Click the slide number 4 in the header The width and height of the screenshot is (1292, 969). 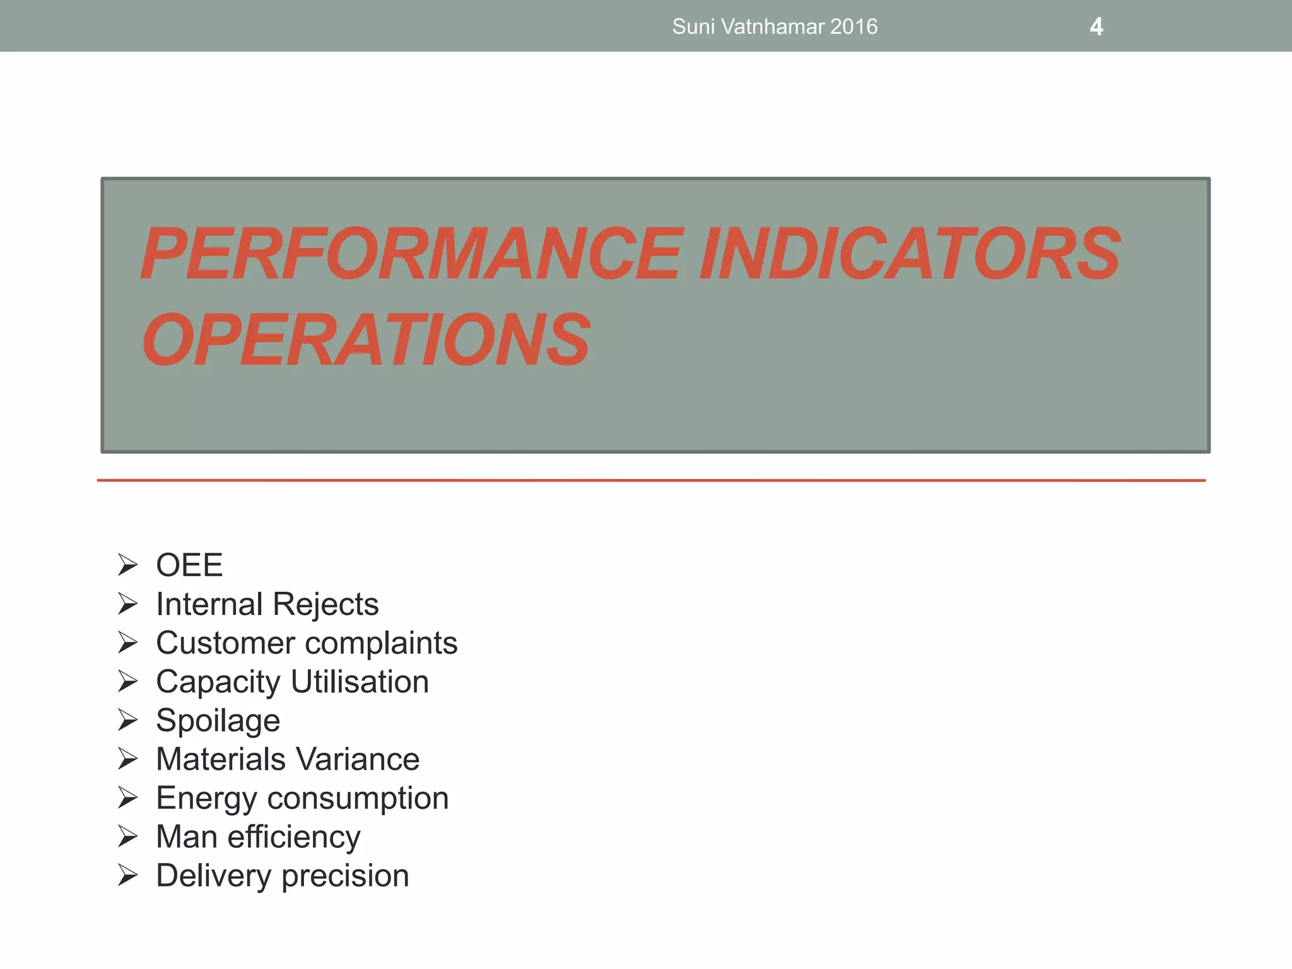pyautogui.click(x=1096, y=26)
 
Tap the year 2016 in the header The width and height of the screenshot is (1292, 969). pyautogui.click(x=854, y=26)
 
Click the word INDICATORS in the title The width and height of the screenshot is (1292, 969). pyautogui.click(x=910, y=254)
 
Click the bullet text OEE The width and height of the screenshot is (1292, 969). pyautogui.click(x=189, y=565)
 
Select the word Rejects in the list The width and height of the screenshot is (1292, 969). pyautogui.click(x=326, y=604)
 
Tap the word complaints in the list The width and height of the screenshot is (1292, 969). pyautogui.click(x=381, y=643)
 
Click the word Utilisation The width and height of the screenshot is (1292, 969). pyautogui.click(x=360, y=682)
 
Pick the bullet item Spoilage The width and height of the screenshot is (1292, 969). pyautogui.click(x=218, y=720)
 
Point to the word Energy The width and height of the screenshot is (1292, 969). pyautogui.click(x=206, y=799)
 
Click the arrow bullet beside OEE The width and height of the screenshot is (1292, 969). pyautogui.click(x=127, y=565)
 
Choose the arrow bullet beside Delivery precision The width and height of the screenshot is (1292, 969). pyautogui.click(x=127, y=876)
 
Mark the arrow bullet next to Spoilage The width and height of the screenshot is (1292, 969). pyautogui.click(x=127, y=720)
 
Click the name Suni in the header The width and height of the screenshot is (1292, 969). pyautogui.click(x=693, y=26)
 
